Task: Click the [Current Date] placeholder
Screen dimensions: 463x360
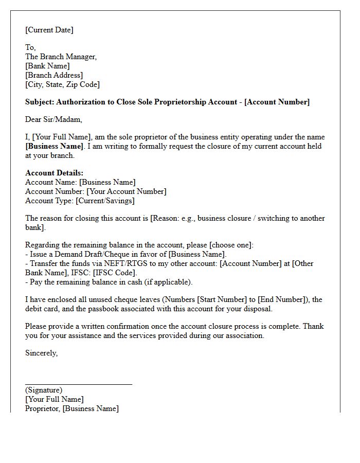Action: coord(49,30)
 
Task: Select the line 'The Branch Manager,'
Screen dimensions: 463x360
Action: coord(61,57)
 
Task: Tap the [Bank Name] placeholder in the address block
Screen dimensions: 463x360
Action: coord(47,66)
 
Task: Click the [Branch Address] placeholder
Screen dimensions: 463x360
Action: coord(53,75)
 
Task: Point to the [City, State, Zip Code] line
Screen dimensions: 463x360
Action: coord(62,84)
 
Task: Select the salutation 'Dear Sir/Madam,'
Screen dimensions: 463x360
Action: coord(53,119)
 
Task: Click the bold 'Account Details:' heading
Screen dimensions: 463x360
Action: coord(54,173)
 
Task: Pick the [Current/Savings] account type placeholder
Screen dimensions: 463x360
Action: coord(105,201)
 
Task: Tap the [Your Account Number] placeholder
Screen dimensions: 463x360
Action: coord(126,191)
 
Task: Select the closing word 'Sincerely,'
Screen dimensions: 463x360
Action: coord(41,353)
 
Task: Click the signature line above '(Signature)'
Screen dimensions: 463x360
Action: coord(78,384)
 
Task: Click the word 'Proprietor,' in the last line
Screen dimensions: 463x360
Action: coord(43,408)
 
